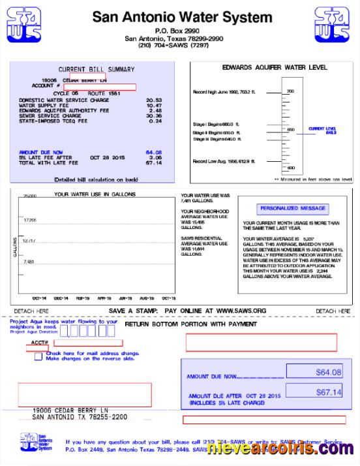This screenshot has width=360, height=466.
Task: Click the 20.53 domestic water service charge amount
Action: pos(154,100)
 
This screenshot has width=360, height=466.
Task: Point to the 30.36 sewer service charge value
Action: pos(154,116)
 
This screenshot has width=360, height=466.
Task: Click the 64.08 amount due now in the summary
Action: pos(154,152)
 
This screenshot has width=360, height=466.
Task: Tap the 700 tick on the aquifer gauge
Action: pos(290,91)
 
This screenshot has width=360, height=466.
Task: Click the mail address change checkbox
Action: pos(38,356)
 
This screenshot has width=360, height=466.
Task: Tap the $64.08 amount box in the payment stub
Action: pos(328,372)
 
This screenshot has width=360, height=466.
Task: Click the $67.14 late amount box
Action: pos(328,392)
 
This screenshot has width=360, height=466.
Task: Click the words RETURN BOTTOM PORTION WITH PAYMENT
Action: pos(190,324)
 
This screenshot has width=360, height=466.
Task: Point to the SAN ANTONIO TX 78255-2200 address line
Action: pos(80,416)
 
